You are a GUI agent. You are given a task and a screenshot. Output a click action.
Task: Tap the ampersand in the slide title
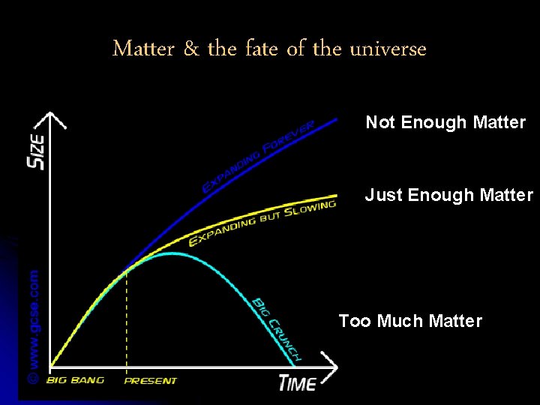click(x=191, y=49)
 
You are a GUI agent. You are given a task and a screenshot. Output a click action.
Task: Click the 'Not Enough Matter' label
click(x=445, y=122)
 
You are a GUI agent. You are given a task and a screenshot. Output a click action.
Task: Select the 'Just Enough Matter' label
click(x=448, y=196)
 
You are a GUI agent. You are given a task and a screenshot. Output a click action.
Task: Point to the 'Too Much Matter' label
click(x=410, y=321)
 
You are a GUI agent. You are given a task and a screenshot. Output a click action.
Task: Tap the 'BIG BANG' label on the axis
click(x=75, y=380)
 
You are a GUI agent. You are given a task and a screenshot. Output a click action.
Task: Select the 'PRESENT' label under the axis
click(x=150, y=381)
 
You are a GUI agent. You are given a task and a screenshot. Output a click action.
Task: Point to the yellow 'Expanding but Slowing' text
click(x=260, y=223)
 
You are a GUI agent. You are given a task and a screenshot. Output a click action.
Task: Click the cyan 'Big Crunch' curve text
click(x=276, y=328)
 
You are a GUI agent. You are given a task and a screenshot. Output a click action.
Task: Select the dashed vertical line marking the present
click(x=126, y=322)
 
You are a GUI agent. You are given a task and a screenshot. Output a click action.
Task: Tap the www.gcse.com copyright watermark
click(x=34, y=325)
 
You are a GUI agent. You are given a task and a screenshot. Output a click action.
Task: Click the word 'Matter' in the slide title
click(x=143, y=49)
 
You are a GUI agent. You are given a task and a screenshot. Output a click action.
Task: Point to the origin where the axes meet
click(x=50, y=367)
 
